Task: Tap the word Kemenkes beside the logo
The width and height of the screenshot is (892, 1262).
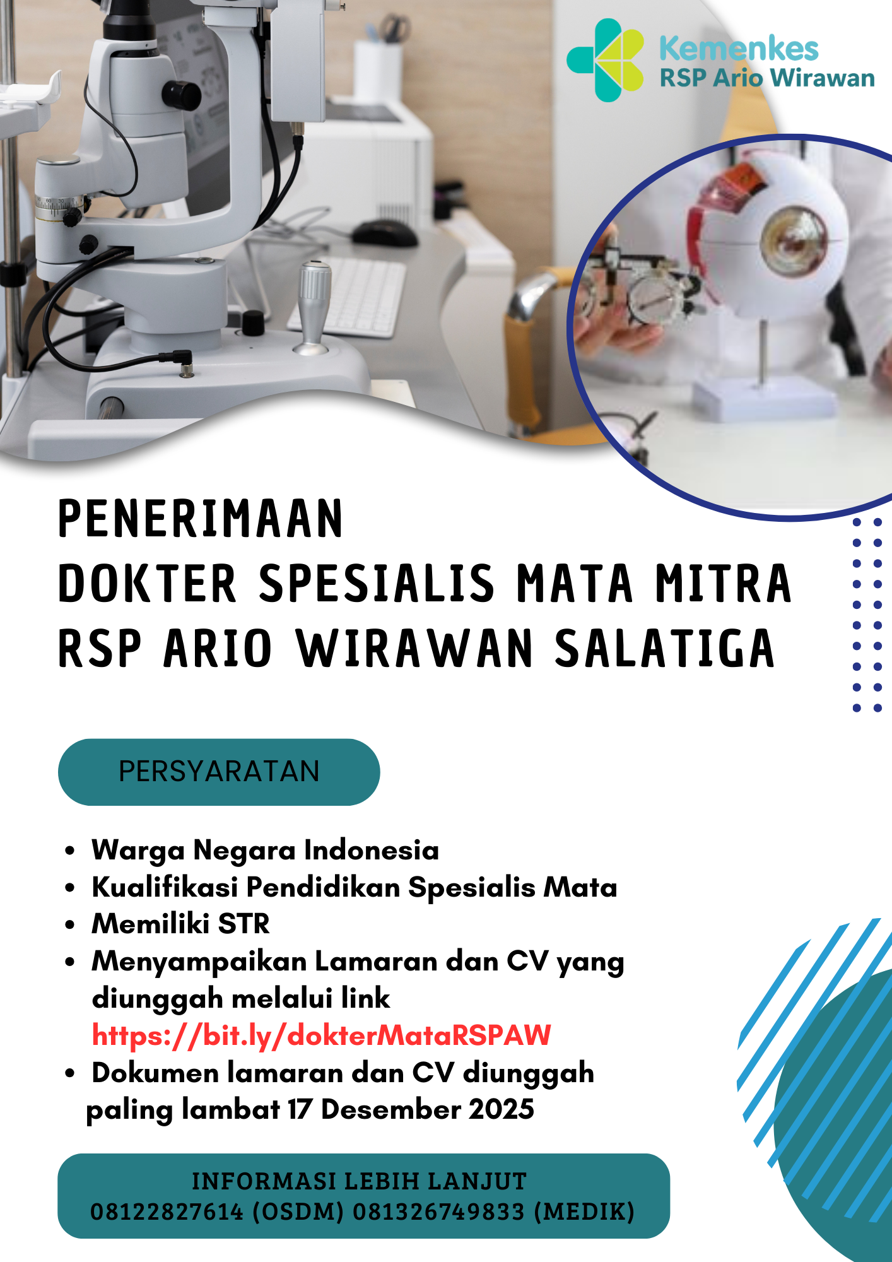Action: click(x=739, y=49)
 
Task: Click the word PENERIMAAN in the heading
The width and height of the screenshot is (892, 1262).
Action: click(x=201, y=519)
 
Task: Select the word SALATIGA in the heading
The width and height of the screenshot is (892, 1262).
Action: click(x=664, y=649)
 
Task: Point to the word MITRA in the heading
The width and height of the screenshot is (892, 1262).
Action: click(x=723, y=584)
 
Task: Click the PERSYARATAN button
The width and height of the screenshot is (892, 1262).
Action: click(x=219, y=772)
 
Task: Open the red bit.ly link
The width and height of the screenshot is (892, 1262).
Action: click(x=322, y=1035)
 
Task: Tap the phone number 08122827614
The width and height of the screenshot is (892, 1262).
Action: click(x=167, y=1212)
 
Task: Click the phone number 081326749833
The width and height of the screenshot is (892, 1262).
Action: click(x=438, y=1212)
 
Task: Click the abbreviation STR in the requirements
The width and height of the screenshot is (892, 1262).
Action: click(x=244, y=924)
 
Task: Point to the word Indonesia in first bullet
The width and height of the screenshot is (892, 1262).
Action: click(x=372, y=850)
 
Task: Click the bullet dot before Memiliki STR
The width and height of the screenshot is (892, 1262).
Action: click(x=69, y=925)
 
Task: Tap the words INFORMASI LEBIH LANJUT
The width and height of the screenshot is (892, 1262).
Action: click(x=360, y=1181)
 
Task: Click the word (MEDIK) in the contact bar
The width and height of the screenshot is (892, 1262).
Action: click(x=584, y=1212)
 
